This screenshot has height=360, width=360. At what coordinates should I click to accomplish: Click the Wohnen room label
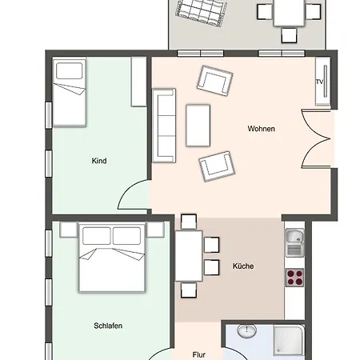[261, 129]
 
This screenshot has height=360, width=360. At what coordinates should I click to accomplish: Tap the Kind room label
[99, 161]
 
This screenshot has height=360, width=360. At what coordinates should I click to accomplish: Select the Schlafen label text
[108, 326]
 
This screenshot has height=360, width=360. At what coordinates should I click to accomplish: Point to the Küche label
[243, 266]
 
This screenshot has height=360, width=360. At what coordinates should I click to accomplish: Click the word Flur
[199, 355]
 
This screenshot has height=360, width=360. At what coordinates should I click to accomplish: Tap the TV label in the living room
[319, 82]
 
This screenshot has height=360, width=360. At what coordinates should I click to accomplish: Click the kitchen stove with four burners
[294, 278]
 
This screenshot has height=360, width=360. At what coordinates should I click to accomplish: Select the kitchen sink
[294, 242]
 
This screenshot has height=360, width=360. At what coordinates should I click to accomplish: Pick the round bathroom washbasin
[247, 330]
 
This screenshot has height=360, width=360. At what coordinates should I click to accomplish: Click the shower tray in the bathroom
[289, 340]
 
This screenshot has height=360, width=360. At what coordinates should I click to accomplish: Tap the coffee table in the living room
[198, 126]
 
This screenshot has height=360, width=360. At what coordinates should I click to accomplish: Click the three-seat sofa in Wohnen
[164, 126]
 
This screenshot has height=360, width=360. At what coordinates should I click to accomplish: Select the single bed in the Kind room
[70, 92]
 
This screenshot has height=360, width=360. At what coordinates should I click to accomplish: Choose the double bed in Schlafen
[112, 258]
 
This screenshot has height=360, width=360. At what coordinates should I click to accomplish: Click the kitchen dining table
[189, 256]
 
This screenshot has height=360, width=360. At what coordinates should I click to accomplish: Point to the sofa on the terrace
[202, 13]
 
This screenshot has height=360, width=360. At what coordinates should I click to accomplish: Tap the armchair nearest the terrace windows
[215, 81]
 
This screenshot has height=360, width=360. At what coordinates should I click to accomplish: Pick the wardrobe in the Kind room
[138, 82]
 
